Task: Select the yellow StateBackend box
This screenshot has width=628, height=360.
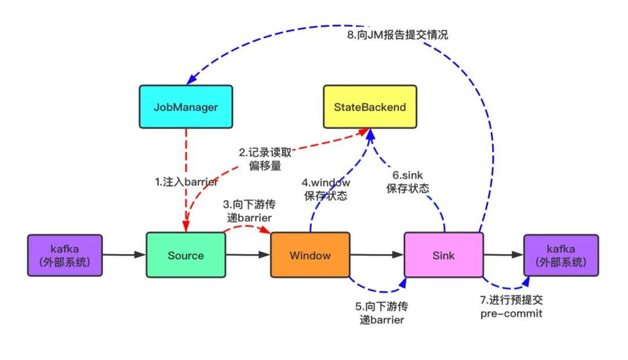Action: (370, 107)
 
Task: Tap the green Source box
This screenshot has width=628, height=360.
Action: (185, 255)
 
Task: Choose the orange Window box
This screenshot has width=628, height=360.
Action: (311, 255)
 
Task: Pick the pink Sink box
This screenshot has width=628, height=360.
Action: (444, 255)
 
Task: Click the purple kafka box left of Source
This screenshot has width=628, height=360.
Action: (65, 255)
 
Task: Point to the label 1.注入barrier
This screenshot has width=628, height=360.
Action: (186, 182)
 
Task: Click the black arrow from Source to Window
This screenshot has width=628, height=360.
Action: (248, 255)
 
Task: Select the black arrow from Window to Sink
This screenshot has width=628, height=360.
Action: (377, 255)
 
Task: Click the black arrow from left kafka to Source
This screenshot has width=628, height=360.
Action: (124, 255)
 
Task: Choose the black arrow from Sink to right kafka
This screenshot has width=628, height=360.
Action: (504, 255)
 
